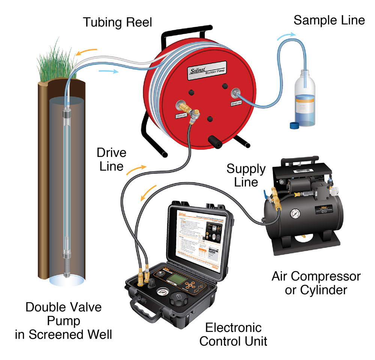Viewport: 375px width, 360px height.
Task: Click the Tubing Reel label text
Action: click(117, 22)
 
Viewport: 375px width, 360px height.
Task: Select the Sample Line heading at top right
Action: click(329, 20)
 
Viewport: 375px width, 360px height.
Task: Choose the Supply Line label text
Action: click(246, 175)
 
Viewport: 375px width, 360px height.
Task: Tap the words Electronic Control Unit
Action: click(233, 334)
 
